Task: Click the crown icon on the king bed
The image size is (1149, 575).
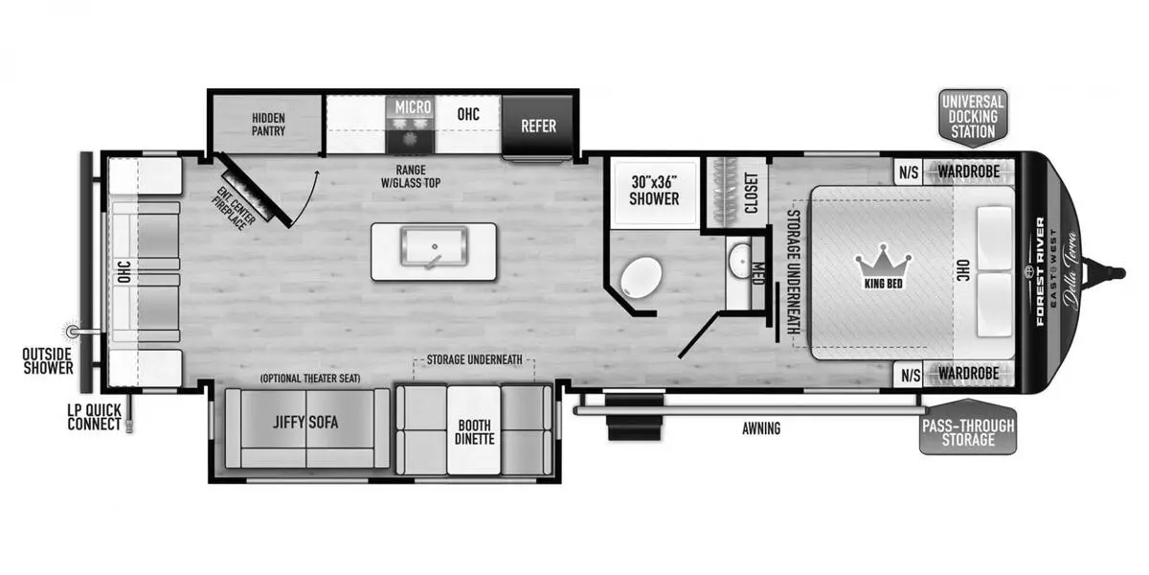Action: (x=883, y=262)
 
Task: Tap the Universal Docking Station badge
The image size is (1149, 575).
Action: (x=973, y=118)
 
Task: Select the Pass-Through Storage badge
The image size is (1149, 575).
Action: (x=968, y=427)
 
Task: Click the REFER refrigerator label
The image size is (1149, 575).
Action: (x=538, y=126)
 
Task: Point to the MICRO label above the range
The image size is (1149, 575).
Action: (x=413, y=107)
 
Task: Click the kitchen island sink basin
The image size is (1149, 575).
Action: (x=434, y=247)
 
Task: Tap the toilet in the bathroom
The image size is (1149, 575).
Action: (x=641, y=277)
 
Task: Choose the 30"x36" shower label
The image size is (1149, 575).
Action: (x=654, y=191)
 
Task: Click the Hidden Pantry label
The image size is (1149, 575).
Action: (x=268, y=125)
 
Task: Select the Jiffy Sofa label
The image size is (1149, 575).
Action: (x=305, y=423)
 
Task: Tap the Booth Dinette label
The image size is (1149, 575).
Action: (x=475, y=432)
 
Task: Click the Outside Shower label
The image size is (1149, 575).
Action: (x=48, y=361)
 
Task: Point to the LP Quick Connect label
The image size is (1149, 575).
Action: (x=95, y=418)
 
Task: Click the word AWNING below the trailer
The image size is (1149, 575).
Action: (x=761, y=428)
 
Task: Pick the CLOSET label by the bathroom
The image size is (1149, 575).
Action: (x=751, y=193)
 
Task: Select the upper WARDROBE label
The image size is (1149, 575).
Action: (x=969, y=172)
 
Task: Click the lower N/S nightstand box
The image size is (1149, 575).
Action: (x=911, y=375)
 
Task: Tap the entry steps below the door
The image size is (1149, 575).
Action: (x=634, y=416)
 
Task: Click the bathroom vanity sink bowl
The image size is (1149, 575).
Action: (x=739, y=262)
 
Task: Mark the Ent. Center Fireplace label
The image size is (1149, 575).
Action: (x=234, y=208)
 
